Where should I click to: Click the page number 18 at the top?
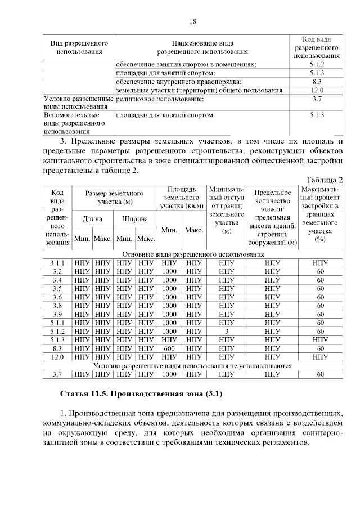click(x=193, y=22)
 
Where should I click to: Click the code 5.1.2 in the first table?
click(x=317, y=64)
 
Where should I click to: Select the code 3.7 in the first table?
click(x=317, y=99)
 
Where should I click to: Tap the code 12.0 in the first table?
click(x=317, y=90)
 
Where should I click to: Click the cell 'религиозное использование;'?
click(x=160, y=99)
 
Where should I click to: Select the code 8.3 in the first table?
click(x=317, y=82)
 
